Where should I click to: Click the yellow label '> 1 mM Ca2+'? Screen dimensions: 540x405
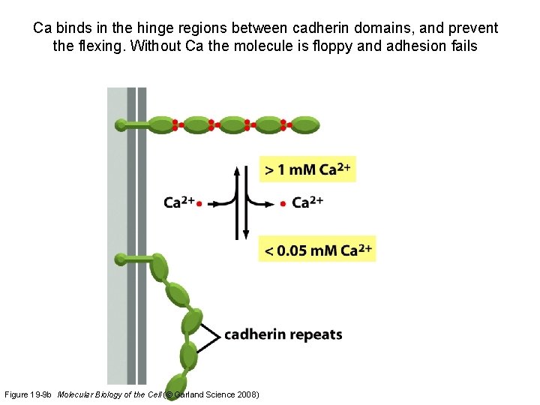[x=307, y=169]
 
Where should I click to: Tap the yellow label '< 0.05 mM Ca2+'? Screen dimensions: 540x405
[x=317, y=250]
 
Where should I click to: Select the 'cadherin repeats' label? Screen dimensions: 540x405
[x=283, y=334]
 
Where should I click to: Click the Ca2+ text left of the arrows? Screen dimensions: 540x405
[x=178, y=202]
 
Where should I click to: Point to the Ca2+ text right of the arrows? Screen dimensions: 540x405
[x=307, y=202]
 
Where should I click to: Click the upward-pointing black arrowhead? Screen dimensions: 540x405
[x=237, y=170]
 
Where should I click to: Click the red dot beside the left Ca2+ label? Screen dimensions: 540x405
[x=199, y=203]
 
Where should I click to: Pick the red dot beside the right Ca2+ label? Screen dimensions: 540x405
[x=283, y=203]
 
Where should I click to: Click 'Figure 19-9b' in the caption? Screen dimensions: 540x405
[x=28, y=394]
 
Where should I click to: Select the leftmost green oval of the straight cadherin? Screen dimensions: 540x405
[x=161, y=124]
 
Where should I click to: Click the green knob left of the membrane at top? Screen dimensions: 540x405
[x=121, y=124]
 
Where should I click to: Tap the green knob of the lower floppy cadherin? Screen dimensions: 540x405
[x=121, y=259]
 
